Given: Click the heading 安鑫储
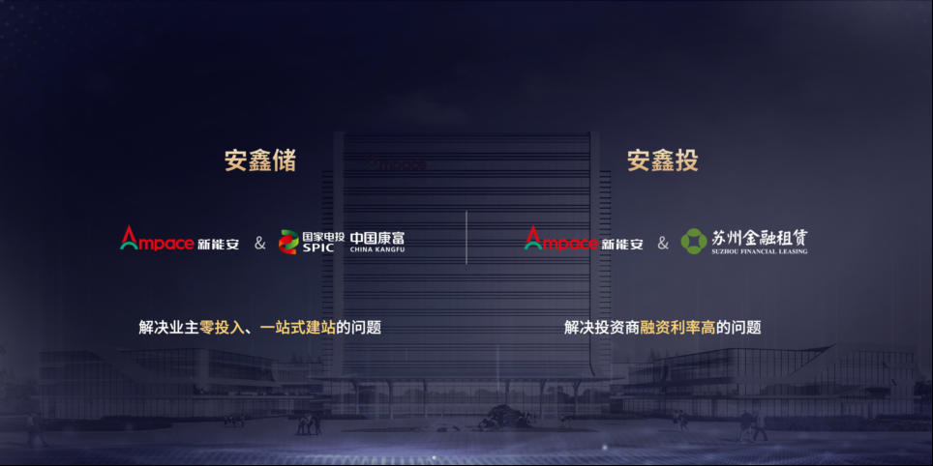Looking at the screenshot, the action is [260, 161].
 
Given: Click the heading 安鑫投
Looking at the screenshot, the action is [663, 161].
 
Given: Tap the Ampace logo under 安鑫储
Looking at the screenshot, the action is [157, 238].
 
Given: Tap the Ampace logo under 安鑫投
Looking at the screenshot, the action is [560, 238].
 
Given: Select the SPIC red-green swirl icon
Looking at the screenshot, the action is [289, 242].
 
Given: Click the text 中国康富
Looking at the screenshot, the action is [377, 237].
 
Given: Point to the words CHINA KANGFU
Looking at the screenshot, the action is [377, 250].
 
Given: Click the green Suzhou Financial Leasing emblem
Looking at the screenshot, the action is [694, 242].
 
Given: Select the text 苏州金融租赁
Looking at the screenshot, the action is [760, 238].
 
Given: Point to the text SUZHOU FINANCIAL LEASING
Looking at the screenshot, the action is [760, 252].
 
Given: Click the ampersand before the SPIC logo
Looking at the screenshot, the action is [260, 243].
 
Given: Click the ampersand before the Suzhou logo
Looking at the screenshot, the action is [663, 243].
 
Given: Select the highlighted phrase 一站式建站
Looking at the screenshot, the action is [298, 327].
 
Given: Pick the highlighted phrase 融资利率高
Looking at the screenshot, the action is [678, 327].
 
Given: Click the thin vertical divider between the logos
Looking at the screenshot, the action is [466, 237].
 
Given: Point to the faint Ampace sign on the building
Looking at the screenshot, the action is [396, 162].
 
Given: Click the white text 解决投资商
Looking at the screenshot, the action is [602, 327].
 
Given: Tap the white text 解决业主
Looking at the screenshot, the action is [169, 327].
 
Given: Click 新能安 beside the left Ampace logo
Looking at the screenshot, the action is [218, 244].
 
